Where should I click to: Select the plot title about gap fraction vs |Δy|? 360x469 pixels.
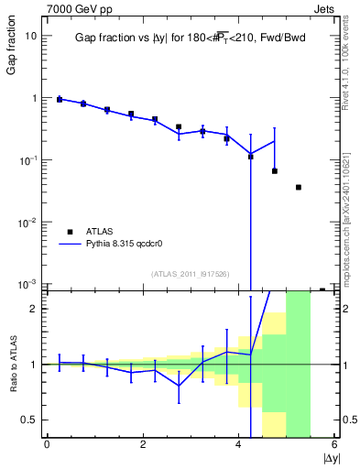click(x=190, y=38)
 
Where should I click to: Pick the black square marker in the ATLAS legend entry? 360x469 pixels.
click(x=69, y=232)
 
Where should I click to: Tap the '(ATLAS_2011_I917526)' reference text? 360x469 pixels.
click(x=189, y=274)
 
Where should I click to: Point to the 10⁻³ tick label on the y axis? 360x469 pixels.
click(x=29, y=284)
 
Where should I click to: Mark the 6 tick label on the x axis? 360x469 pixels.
click(x=335, y=445)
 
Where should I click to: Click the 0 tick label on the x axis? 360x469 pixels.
click(x=47, y=445)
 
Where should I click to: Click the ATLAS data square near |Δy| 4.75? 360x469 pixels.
click(x=275, y=171)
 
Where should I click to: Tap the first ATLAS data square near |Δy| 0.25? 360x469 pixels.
click(x=60, y=99)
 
